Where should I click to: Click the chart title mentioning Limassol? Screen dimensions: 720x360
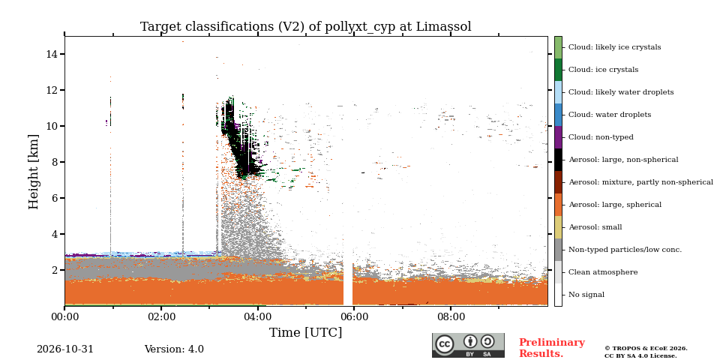pyautogui.click(x=306, y=27)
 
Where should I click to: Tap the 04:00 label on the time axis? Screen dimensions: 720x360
pyautogui.click(x=257, y=316)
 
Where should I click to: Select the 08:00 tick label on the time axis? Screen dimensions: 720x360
pyautogui.click(x=451, y=316)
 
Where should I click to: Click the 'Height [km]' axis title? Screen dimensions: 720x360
pyautogui.click(x=34, y=172)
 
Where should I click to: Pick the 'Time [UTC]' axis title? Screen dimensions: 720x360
pyautogui.click(x=306, y=332)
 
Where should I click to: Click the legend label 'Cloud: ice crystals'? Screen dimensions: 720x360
pyautogui.click(x=603, y=70)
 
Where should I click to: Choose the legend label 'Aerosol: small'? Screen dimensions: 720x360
pyautogui.click(x=595, y=227)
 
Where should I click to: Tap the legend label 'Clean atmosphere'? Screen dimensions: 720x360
pyautogui.click(x=603, y=272)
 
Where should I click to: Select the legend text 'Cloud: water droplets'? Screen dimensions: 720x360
pyautogui.click(x=610, y=115)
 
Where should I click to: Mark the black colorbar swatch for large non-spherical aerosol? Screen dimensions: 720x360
pyautogui.click(x=558, y=160)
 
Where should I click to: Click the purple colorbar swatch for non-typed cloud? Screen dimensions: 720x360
pyautogui.click(x=558, y=137)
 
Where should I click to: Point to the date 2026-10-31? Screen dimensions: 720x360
pyautogui.click(x=65, y=349)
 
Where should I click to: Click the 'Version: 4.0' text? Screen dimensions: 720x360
pyautogui.click(x=174, y=349)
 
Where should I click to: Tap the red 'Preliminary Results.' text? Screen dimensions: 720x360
pyautogui.click(x=552, y=348)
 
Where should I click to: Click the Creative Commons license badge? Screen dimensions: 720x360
pyautogui.click(x=468, y=345)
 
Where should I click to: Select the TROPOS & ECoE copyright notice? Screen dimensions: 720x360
pyautogui.click(x=646, y=352)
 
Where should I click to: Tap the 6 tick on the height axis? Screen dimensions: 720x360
pyautogui.click(x=58, y=198)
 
